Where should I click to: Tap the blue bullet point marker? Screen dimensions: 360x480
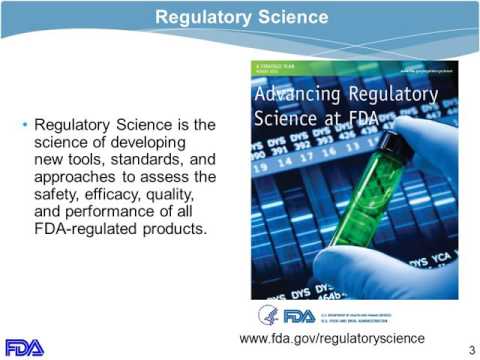(25, 126)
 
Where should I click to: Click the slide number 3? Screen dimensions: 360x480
(471, 347)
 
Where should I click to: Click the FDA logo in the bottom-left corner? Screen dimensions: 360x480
(25, 347)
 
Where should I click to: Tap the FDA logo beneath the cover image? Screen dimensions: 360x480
(299, 316)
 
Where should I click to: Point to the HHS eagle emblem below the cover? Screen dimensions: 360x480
(268, 315)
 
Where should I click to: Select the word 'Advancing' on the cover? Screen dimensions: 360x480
(296, 96)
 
